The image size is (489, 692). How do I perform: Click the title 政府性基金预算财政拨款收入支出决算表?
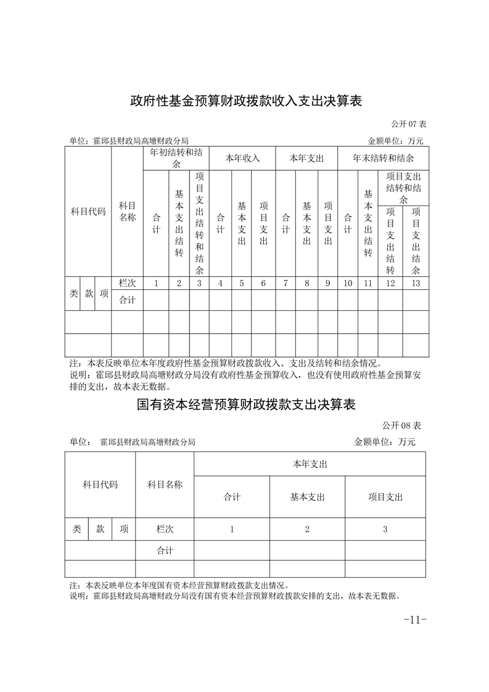point(245,101)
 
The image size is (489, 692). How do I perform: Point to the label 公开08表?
point(401,426)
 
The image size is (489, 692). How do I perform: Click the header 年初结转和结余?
point(178,158)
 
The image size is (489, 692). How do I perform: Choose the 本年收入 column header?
point(242,158)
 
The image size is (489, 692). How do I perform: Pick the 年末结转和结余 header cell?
point(383,158)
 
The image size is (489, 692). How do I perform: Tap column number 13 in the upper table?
point(416,283)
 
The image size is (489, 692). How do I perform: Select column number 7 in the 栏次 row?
point(286,283)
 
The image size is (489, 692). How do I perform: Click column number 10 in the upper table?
point(348,283)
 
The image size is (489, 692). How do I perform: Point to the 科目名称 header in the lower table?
point(165,485)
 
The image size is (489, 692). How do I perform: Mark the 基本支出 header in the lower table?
point(307,496)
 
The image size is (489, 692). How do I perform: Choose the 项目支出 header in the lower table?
point(385,496)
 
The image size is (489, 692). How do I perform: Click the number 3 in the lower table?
point(385,529)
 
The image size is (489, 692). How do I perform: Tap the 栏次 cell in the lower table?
point(165,529)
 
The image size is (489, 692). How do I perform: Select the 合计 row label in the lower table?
point(165,550)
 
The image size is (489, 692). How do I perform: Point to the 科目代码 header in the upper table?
point(88,212)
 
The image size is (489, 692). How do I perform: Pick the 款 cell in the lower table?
point(100,529)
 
